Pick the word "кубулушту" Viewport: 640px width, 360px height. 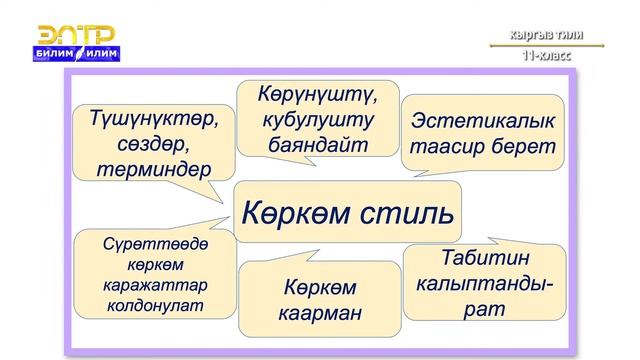point(317,120)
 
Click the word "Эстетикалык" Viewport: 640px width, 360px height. point(482,122)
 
